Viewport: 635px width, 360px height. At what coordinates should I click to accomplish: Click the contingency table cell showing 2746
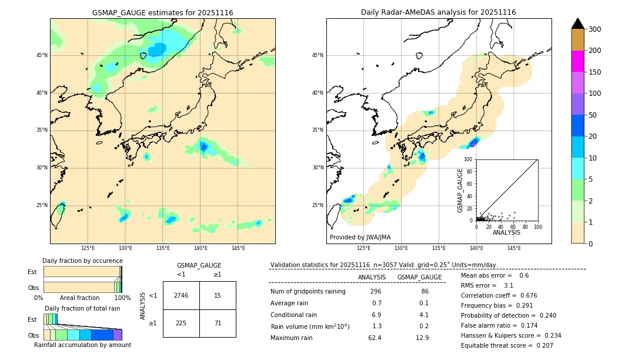[181, 295]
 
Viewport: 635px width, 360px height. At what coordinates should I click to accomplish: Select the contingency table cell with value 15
[218, 295]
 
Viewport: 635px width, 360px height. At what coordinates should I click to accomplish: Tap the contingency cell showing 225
[181, 323]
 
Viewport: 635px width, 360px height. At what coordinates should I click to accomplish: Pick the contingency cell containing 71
[218, 323]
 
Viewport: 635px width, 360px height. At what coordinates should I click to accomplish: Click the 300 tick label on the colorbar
[595, 29]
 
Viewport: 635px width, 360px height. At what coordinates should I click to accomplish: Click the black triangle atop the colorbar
[578, 24]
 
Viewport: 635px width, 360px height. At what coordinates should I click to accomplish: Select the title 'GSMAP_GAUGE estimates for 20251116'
[162, 12]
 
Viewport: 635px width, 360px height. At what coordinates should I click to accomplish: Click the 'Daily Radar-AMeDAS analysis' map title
[439, 12]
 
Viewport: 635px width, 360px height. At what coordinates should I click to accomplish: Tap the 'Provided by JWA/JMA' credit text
[360, 238]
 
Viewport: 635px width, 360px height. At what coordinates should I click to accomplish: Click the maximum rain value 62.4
[375, 338]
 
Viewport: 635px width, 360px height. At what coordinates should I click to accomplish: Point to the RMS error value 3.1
[509, 285]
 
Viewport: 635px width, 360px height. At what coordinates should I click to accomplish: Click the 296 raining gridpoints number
[376, 292]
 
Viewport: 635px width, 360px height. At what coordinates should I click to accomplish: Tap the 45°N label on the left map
[42, 55]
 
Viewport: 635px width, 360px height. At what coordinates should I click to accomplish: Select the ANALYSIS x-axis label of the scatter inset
[506, 232]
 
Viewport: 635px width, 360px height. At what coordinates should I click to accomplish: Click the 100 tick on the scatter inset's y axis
[469, 159]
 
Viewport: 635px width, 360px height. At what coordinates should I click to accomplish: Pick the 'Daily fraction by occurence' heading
[82, 261]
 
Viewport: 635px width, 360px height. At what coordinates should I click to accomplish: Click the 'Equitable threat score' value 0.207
[543, 345]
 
